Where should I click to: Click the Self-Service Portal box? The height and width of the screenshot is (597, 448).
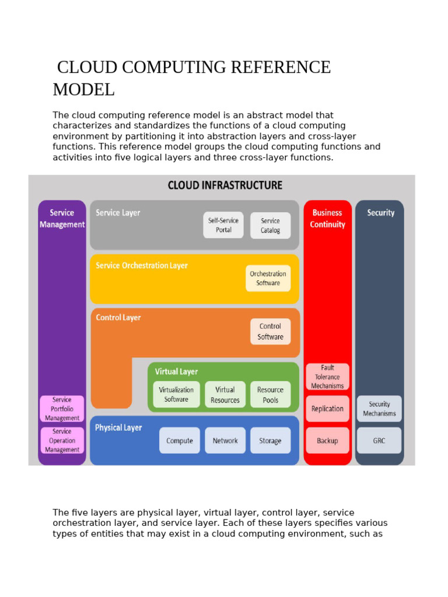[x=223, y=225]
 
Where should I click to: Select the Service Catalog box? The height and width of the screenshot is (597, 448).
[x=270, y=225]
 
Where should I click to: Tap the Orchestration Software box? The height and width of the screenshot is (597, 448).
[x=268, y=278]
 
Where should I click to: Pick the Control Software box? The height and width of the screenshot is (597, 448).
[x=270, y=331]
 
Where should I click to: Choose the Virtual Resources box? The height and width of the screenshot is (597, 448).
[x=225, y=395]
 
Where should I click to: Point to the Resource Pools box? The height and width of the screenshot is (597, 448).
[x=270, y=395]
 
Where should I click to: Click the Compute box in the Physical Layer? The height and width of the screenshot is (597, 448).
[x=180, y=441]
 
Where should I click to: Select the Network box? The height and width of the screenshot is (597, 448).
[x=225, y=441]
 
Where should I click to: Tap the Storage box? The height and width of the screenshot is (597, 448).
[x=270, y=441]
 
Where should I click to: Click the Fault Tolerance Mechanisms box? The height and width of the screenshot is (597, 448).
[x=327, y=377]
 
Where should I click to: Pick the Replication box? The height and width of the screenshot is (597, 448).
[x=327, y=409]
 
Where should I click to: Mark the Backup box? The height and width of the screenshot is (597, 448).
[x=327, y=441]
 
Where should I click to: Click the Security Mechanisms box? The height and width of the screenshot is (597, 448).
[x=379, y=409]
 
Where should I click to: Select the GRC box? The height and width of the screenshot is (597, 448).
[x=379, y=441]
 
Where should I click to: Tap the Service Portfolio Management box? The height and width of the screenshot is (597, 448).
[x=62, y=409]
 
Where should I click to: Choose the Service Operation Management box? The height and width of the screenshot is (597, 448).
[x=62, y=441]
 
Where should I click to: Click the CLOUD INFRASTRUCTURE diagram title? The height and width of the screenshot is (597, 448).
[x=225, y=185]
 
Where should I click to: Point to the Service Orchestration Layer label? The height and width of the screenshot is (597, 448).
[x=142, y=265]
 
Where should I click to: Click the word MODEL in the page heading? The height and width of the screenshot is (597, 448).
[x=83, y=90]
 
